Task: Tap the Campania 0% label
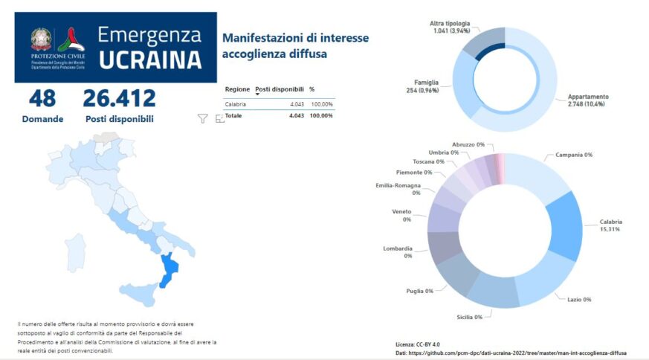click(573, 155)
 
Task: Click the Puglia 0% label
click(419, 291)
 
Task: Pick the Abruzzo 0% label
click(468, 144)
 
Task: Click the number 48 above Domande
click(42, 98)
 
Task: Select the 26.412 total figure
click(119, 98)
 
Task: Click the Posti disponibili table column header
click(279, 89)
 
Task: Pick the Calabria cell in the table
click(236, 104)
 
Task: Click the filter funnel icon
click(202, 118)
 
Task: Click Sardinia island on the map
click(76, 251)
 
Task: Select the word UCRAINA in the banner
click(150, 60)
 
